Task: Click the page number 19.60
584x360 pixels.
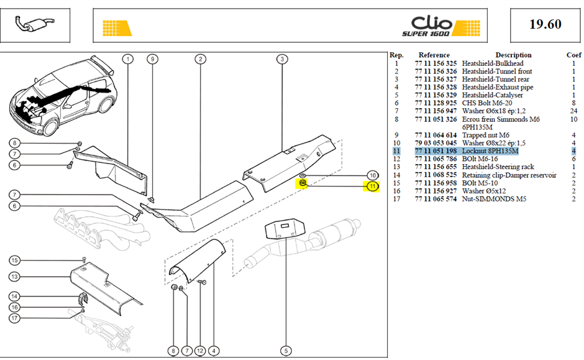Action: (x=545, y=24)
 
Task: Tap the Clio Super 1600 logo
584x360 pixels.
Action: (x=440, y=26)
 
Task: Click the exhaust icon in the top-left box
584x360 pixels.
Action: (x=34, y=25)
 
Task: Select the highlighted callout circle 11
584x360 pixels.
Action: (x=372, y=187)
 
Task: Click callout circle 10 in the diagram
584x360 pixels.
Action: (x=372, y=175)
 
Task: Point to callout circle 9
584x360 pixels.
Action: (x=152, y=59)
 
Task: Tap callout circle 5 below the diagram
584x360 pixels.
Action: (x=286, y=351)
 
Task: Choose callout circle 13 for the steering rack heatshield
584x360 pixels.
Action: (x=14, y=277)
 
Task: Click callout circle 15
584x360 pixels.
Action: (x=14, y=260)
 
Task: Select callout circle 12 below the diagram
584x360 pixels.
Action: (x=200, y=351)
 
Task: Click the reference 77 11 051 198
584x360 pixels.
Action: (x=436, y=151)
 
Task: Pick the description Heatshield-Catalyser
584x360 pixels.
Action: (x=493, y=95)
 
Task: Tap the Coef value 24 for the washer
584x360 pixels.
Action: (x=573, y=111)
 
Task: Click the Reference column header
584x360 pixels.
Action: (x=434, y=55)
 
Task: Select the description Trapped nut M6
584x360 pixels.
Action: (x=486, y=135)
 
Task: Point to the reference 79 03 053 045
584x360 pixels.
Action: (x=436, y=143)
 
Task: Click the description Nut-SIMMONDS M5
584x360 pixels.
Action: (x=495, y=199)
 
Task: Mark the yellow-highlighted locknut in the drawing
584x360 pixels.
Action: (x=303, y=183)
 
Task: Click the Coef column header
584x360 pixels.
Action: (x=573, y=55)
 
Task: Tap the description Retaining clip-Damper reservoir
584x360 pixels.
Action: (x=509, y=175)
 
